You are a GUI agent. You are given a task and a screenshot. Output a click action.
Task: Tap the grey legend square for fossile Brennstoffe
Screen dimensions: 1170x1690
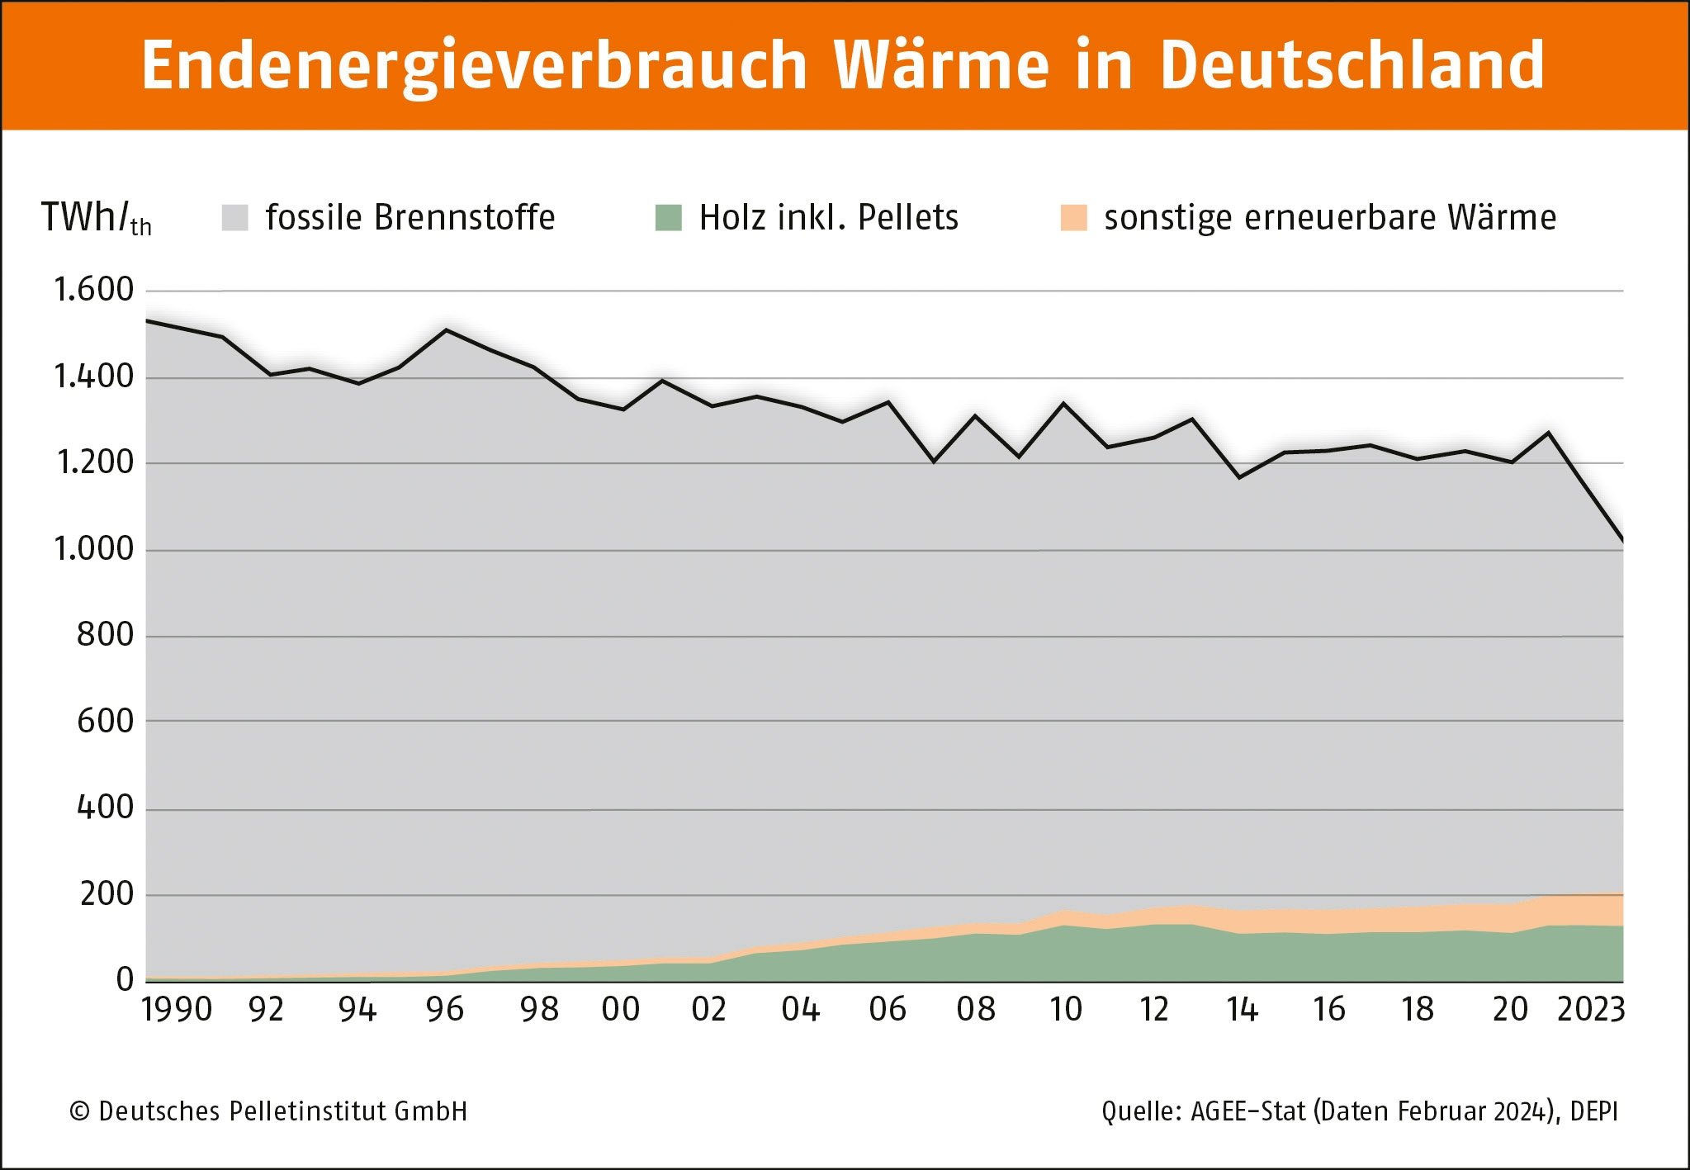point(235,218)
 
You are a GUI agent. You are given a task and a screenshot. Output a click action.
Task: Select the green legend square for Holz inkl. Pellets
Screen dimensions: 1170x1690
point(668,218)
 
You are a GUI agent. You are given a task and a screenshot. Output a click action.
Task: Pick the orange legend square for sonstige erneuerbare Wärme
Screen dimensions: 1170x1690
point(1073,218)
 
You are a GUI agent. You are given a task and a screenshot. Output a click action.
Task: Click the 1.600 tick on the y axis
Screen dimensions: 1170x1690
point(92,290)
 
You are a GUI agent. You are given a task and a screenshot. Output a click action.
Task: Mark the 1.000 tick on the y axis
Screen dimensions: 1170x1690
point(92,549)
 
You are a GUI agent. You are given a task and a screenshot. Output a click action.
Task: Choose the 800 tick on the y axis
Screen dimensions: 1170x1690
point(104,635)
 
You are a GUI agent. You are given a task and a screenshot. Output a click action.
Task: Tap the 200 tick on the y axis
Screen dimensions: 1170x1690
point(106,894)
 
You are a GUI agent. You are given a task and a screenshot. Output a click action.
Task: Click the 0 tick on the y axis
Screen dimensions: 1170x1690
point(125,980)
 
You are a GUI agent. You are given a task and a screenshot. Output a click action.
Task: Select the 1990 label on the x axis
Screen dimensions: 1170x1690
point(177,1010)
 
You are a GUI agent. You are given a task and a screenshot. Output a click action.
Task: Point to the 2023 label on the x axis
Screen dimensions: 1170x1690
point(1590,1010)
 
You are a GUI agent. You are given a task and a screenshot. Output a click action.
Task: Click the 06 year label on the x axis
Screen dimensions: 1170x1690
point(888,1010)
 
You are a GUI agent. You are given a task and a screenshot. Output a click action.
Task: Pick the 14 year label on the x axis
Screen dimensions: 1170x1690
point(1242,1010)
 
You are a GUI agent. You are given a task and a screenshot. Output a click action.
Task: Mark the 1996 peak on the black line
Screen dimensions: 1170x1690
point(447,330)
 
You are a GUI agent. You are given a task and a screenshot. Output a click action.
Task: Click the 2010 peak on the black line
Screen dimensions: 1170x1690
point(1063,404)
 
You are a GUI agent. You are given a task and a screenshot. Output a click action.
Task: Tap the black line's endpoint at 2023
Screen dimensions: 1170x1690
point(1622,541)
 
